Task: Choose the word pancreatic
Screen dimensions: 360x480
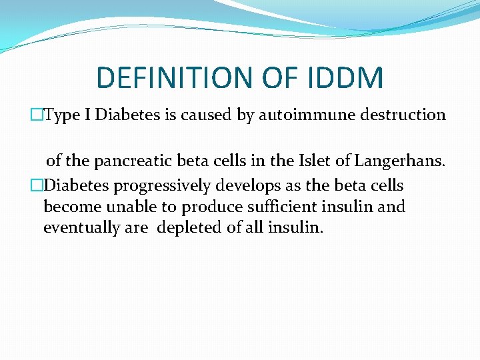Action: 127,160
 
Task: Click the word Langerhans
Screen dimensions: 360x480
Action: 401,160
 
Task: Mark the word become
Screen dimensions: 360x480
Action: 69,206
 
